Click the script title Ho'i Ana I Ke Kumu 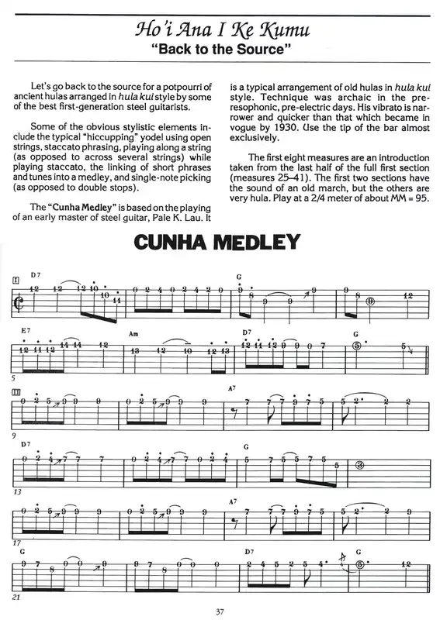pos(220,31)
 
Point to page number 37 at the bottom pos(220,611)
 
